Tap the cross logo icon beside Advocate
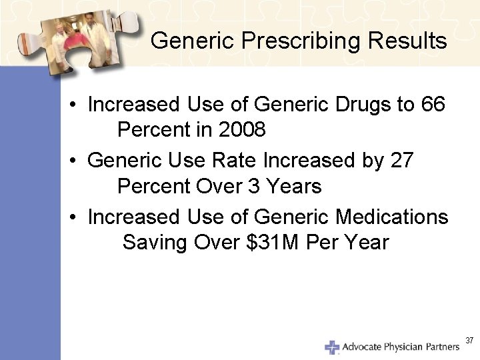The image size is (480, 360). point(332,347)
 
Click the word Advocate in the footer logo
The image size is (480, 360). point(364,347)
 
